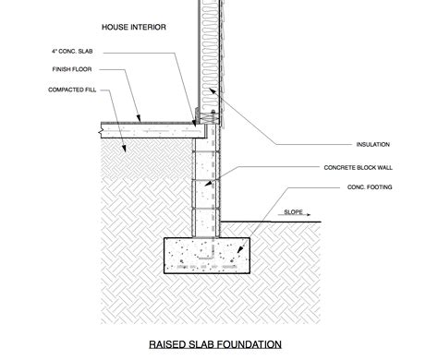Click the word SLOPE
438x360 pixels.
[x=295, y=210]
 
